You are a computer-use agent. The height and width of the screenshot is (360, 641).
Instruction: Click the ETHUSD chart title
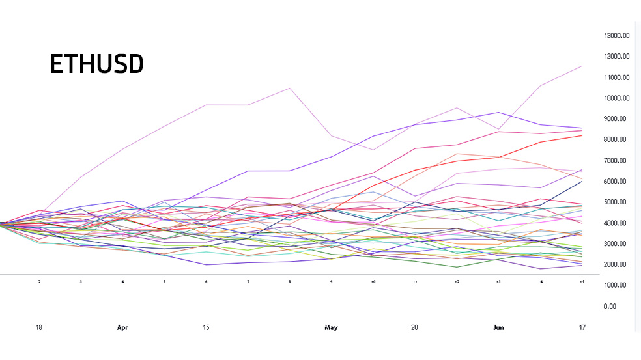point(96,64)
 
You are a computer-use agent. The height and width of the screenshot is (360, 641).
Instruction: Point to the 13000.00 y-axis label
point(616,36)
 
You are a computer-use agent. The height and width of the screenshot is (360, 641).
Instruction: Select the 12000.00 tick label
point(616,57)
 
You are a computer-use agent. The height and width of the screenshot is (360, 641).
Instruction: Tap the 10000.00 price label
point(616,98)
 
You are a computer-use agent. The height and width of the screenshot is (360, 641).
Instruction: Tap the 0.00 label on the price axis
point(610,307)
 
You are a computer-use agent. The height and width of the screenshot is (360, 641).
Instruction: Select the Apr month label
point(122,328)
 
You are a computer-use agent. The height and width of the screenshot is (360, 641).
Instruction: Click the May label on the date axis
point(331,328)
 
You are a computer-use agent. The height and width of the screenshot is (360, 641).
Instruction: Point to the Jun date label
point(498,328)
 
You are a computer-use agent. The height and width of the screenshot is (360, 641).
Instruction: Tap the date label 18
point(39,328)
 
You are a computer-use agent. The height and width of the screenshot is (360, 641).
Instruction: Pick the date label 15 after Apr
point(206,328)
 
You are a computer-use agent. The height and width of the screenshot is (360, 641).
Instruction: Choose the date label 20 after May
point(414,328)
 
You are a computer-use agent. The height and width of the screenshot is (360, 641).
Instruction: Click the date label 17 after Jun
point(581,328)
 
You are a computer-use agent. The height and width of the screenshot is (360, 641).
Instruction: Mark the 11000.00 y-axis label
point(616,77)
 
